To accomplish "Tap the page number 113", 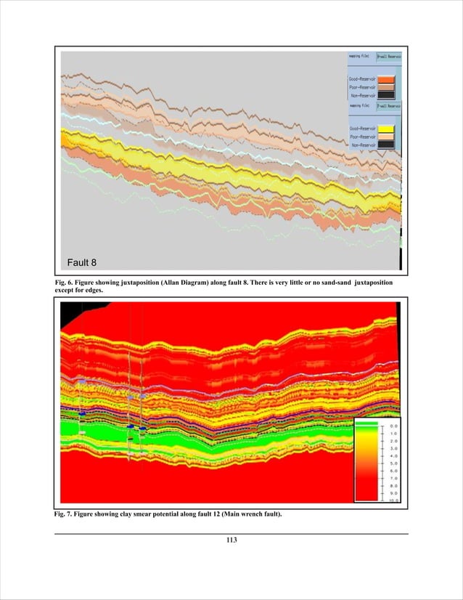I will tap(231, 540).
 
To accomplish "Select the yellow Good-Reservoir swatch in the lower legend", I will tap(386, 129).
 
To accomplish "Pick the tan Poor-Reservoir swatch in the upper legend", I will tap(386, 86).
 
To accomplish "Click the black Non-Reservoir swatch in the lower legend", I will tap(386, 145).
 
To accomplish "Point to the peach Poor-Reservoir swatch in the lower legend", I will tap(386, 137).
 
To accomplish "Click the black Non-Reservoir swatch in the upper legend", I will tap(386, 95).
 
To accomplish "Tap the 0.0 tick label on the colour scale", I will tap(393, 426).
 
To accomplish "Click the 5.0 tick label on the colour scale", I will tap(393, 463).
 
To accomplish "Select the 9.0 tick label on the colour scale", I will tap(393, 493).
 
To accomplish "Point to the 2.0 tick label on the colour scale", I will tap(393, 441).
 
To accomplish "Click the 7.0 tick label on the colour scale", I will tap(393, 478).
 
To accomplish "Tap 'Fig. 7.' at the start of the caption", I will tap(65, 514).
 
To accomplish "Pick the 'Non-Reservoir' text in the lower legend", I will tap(362, 145).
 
